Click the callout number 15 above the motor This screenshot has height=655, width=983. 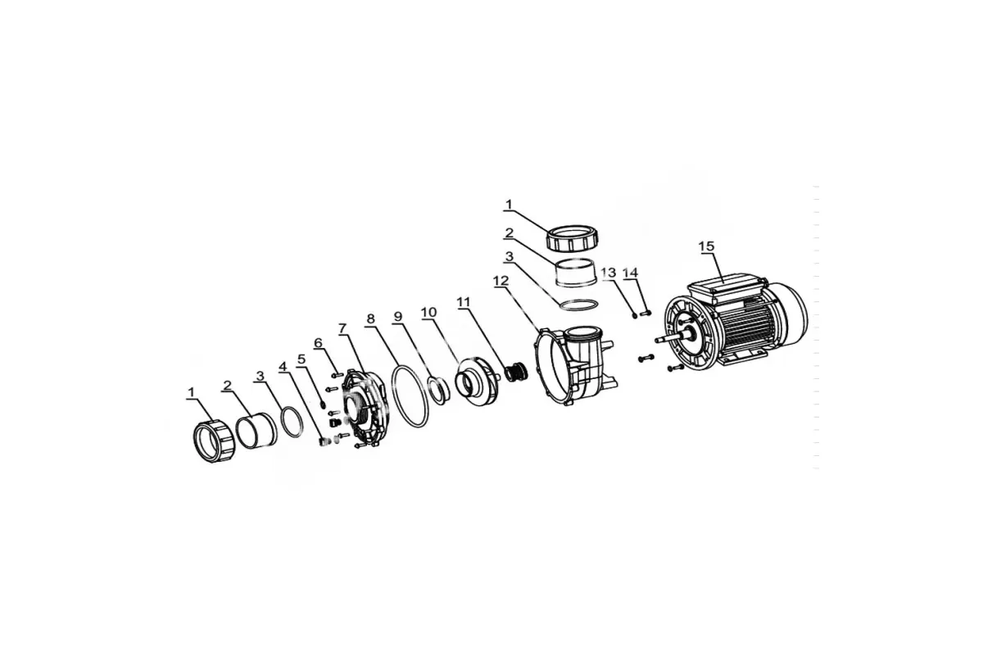click(x=706, y=246)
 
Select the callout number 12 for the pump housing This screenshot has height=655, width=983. click(x=501, y=281)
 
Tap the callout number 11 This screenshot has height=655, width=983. click(x=464, y=302)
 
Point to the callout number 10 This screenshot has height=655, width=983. click(x=428, y=313)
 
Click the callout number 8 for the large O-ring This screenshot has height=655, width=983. click(x=371, y=318)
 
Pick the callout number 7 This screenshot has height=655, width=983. click(x=342, y=328)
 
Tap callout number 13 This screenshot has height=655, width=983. click(x=608, y=273)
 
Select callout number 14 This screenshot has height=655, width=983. click(x=630, y=273)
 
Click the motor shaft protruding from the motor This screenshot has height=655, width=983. click(x=671, y=338)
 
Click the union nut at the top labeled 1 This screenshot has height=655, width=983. click(x=574, y=240)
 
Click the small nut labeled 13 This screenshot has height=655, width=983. click(x=634, y=315)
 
